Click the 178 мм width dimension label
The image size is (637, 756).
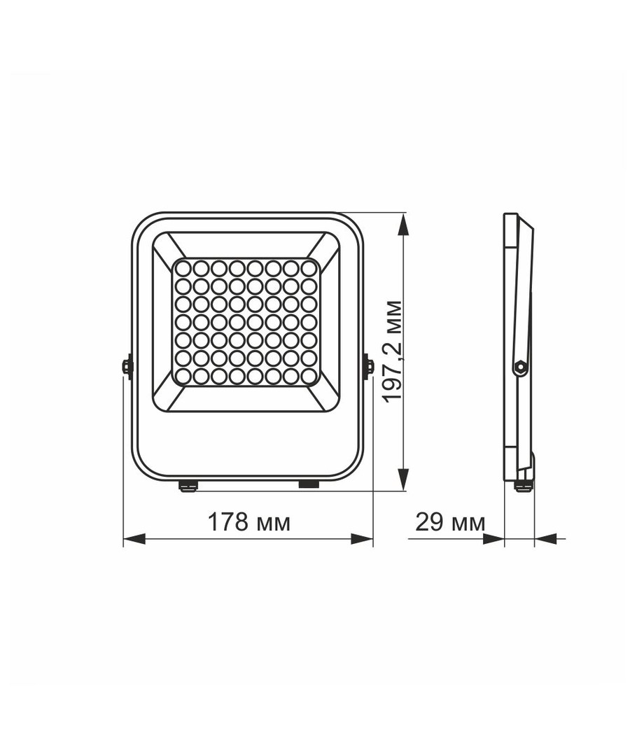[248, 521]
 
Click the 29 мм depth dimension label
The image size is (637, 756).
[450, 521]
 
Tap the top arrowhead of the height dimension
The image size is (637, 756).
[403, 225]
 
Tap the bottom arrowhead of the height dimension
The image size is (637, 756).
[403, 479]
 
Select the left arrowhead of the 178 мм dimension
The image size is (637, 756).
[134, 539]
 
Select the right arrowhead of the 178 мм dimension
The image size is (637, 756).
[362, 539]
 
